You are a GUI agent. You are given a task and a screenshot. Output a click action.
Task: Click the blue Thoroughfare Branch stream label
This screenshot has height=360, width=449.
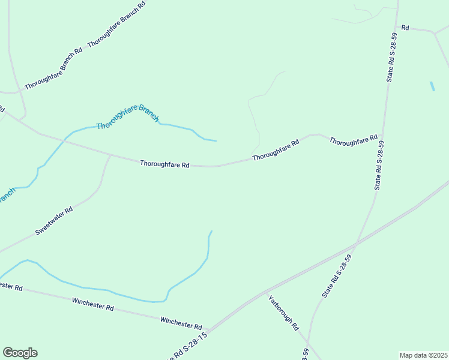click(127, 116)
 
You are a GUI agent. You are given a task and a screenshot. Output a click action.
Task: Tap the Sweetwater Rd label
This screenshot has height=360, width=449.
click(54, 220)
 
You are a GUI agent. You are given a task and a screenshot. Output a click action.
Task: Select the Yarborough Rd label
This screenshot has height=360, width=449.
click(283, 313)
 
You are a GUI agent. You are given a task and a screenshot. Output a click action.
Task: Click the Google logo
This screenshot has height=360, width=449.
click(20, 353)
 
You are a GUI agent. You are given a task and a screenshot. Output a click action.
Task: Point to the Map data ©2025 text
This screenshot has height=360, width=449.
click(424, 355)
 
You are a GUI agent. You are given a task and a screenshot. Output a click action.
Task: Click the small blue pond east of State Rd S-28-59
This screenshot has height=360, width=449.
click(432, 86)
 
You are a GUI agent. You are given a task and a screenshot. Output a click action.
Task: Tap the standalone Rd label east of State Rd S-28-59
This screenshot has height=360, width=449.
click(405, 28)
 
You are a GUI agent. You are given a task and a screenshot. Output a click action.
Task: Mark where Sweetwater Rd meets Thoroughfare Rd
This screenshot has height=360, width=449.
click(110, 155)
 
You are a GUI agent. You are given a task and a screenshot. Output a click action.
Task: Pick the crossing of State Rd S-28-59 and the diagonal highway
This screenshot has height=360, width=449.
click(357, 243)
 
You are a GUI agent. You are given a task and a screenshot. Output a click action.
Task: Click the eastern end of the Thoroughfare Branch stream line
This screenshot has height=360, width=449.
click(215, 141)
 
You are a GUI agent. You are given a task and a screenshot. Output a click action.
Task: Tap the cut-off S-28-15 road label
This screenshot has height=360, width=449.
click(186, 347)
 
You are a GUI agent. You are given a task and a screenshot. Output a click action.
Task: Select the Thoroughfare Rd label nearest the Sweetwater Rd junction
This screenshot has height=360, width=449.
click(164, 163)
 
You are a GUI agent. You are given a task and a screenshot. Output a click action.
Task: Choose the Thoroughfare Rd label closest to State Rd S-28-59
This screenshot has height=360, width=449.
click(353, 141)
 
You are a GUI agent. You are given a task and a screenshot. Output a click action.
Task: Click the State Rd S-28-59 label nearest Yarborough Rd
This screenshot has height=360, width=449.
click(336, 276)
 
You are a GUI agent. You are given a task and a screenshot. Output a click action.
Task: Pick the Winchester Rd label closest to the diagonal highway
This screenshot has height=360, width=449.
click(181, 322)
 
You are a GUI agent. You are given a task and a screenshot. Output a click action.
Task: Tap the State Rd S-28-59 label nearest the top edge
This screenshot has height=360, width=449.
click(392, 58)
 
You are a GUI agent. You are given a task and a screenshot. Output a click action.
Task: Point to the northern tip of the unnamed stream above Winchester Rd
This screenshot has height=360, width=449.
click(211, 230)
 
